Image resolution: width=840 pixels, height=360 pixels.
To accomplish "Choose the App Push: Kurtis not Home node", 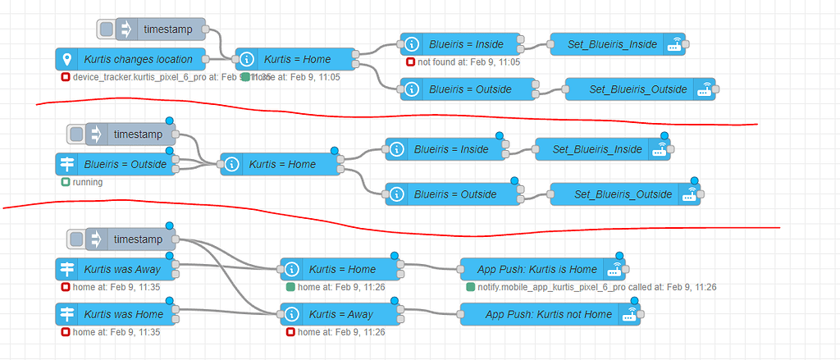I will point(548,314).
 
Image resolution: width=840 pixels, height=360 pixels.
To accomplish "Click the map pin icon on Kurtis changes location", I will point(66,59).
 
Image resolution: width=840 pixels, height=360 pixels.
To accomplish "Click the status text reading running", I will point(88,182).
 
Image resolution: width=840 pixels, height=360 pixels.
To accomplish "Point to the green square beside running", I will point(66,182).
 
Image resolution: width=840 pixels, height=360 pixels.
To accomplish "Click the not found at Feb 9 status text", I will point(468,62).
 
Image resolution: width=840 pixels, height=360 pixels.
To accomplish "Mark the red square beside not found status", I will point(410,62).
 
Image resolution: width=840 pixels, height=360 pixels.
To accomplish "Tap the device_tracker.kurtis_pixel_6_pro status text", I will point(156,77).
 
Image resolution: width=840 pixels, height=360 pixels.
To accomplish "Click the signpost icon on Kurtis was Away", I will point(66,269).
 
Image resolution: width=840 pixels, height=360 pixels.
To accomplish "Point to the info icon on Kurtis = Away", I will point(291,314).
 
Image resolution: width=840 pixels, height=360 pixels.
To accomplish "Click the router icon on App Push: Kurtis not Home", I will point(628,315).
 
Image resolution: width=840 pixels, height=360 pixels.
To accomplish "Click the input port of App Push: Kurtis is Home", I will point(455,269).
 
